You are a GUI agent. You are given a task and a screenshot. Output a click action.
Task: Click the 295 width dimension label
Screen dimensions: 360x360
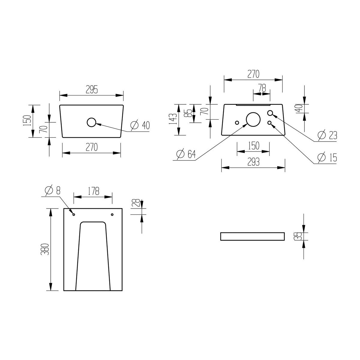click(92, 90)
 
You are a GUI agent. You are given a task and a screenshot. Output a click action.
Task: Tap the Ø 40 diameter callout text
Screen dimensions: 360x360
click(140, 125)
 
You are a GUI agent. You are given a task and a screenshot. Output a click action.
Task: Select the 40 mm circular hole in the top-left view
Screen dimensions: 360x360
click(91, 122)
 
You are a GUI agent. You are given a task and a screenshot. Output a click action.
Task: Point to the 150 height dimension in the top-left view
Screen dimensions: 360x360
click(27, 121)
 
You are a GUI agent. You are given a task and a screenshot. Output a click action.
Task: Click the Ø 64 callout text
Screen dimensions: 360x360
click(186, 154)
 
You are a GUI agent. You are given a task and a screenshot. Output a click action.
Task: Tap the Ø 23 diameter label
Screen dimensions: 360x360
click(327, 135)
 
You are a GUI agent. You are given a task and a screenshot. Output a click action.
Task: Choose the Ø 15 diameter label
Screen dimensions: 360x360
click(327, 157)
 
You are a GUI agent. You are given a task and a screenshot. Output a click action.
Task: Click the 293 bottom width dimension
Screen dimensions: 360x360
click(253, 162)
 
